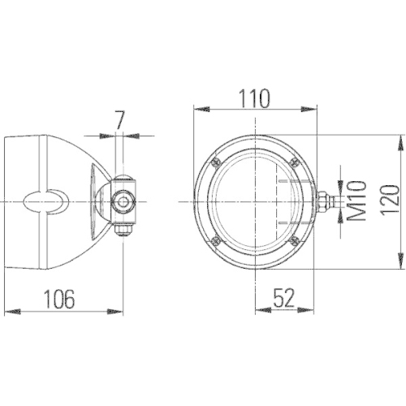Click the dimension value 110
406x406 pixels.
pyautogui.click(x=254, y=97)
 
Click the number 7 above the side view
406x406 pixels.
pyautogui.click(x=119, y=119)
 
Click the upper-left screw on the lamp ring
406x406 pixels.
pyautogui.click(x=214, y=162)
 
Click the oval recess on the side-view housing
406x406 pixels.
pyautogui.click(x=47, y=201)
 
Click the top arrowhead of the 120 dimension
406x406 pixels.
pyautogui.click(x=400, y=140)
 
